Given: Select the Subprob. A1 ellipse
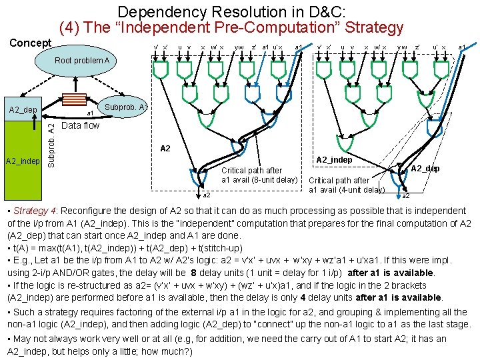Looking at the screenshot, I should pos(124,107).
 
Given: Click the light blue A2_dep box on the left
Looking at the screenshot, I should pos(23,109).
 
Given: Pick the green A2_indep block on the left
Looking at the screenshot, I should pos(23,161).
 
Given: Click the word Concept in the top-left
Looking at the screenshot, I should pos(30,43).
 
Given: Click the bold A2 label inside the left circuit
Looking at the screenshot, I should pos(167,148).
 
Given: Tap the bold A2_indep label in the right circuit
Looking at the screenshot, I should pos(334,159).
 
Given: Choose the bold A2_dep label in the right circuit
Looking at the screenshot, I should pos(425,168).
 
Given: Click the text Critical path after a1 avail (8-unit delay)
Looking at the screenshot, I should pos(259,175).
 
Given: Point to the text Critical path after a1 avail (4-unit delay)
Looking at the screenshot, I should pos(347,185).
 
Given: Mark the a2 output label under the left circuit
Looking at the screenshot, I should pos(206,195).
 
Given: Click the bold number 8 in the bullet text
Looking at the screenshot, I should pos(193,272).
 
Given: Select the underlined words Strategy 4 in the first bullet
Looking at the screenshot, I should pos(31,211).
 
